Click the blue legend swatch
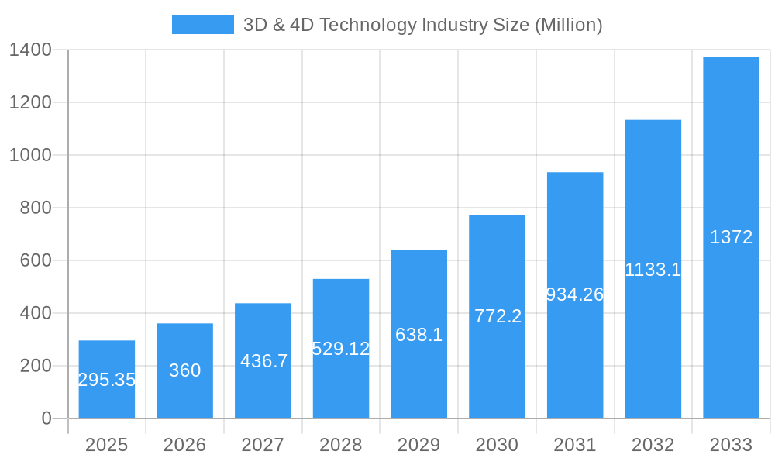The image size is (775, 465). click(202, 25)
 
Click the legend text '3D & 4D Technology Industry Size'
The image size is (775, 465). click(422, 25)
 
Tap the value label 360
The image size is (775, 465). click(185, 370)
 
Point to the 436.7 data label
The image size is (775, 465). click(263, 361)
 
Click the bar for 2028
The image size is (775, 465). click(341, 310)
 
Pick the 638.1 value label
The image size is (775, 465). click(419, 335)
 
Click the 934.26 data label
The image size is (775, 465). click(575, 294)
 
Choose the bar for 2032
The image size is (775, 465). click(653, 194)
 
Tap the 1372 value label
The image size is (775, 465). click(732, 237)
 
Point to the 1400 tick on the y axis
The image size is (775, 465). click(30, 50)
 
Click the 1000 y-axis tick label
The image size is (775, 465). click(30, 155)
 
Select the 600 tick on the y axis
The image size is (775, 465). click(36, 260)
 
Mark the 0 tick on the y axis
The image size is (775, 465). click(46, 418)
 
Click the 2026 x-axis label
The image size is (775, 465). click(185, 445)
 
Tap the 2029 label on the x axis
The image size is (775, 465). click(419, 445)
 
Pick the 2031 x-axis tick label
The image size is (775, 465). click(575, 445)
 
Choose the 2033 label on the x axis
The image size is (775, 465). click(732, 445)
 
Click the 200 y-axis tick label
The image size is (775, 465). click(36, 366)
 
